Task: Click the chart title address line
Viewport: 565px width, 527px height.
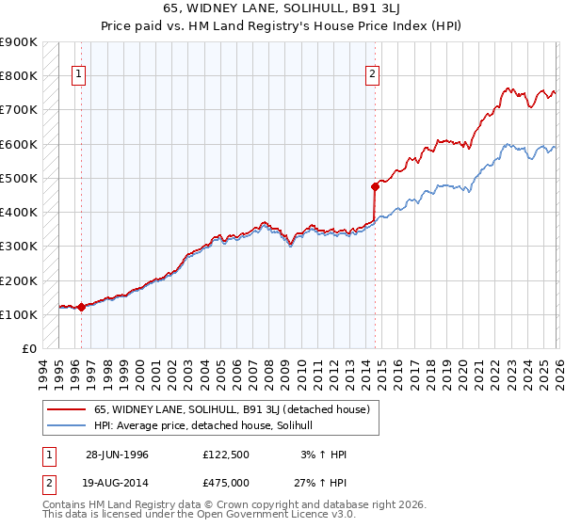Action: click(x=282, y=8)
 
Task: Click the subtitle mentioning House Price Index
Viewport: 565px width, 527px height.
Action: click(x=282, y=24)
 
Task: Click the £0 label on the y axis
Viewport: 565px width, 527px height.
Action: click(x=28, y=348)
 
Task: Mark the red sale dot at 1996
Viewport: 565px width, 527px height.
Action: click(x=82, y=307)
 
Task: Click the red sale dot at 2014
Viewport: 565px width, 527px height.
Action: click(x=375, y=186)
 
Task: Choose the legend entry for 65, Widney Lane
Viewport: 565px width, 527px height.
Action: click(x=234, y=409)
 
